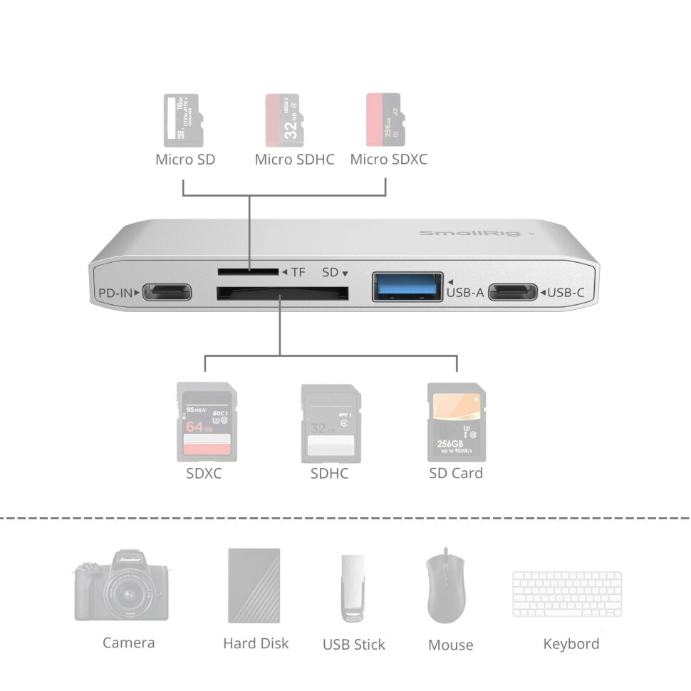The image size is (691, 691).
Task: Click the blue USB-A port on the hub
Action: pos(407,286)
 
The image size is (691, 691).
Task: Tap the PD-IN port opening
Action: pos(167,292)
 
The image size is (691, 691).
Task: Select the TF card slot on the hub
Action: pos(248,271)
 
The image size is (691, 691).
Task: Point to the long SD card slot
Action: pos(282,292)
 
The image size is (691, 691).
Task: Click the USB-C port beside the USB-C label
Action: pos(512,292)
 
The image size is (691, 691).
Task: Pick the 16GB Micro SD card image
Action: pos(184,119)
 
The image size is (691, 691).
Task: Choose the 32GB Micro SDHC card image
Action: pos(284,120)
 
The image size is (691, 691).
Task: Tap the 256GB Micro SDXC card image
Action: pos(383,119)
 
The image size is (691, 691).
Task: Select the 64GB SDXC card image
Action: pos(206,422)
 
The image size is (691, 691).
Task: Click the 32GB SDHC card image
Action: pos(331,422)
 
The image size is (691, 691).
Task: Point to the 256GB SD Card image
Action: pos(456,422)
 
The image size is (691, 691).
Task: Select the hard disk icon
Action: pos(254,586)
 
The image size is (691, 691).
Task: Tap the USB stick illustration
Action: pos(353,588)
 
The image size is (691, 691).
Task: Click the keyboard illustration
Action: pos(567,594)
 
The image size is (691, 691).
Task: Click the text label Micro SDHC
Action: pos(294,160)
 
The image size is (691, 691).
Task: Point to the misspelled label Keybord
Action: pos(571,644)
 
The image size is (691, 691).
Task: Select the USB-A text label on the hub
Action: pos(466,292)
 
